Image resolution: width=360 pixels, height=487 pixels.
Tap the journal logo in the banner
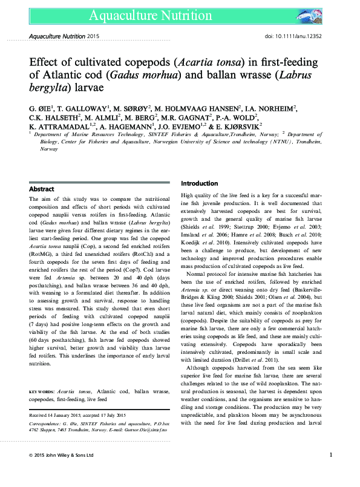(x=315, y=15)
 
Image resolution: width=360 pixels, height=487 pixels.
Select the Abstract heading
(x=42, y=189)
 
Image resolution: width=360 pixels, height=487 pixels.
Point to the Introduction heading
(x=200, y=183)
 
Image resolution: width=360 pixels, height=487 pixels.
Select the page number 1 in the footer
(x=331, y=472)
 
